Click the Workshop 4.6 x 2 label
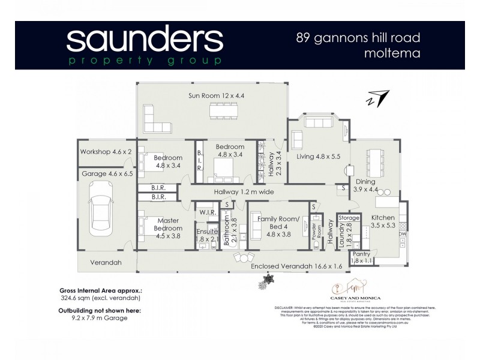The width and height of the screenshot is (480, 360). click(106, 152)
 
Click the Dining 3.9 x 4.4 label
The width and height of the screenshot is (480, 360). click(365, 185)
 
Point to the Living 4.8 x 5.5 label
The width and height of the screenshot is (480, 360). click(318, 157)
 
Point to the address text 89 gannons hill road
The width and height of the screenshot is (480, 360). click(358, 38)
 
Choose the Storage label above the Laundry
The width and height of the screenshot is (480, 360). click(349, 217)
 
